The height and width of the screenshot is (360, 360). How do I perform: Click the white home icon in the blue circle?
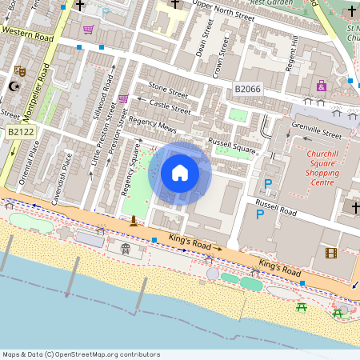[x=180, y=173]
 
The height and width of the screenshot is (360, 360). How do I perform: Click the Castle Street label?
[x=170, y=104]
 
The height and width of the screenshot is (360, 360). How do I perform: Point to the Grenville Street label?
[x=317, y=129]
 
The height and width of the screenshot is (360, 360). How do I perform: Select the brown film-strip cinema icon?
[x=330, y=254]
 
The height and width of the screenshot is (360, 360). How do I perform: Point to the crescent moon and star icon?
[x=14, y=86]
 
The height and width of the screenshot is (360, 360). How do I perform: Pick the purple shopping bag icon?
[x=322, y=86]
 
